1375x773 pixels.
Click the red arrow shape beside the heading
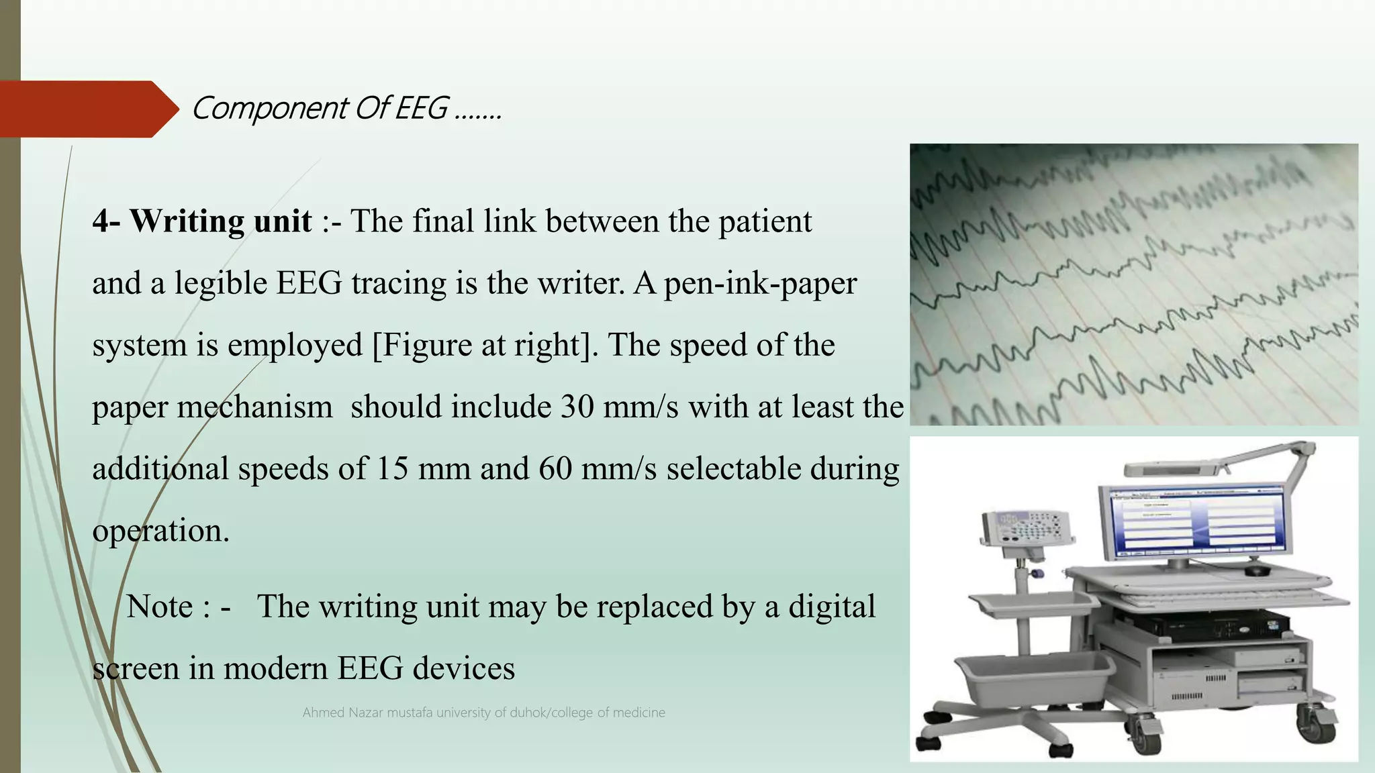click(87, 109)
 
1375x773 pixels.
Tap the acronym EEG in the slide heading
click(421, 108)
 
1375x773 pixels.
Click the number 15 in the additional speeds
click(392, 469)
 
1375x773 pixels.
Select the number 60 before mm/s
click(555, 469)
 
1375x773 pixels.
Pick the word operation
click(160, 531)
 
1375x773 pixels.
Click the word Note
click(160, 607)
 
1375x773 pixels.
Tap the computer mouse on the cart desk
click(1257, 570)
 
